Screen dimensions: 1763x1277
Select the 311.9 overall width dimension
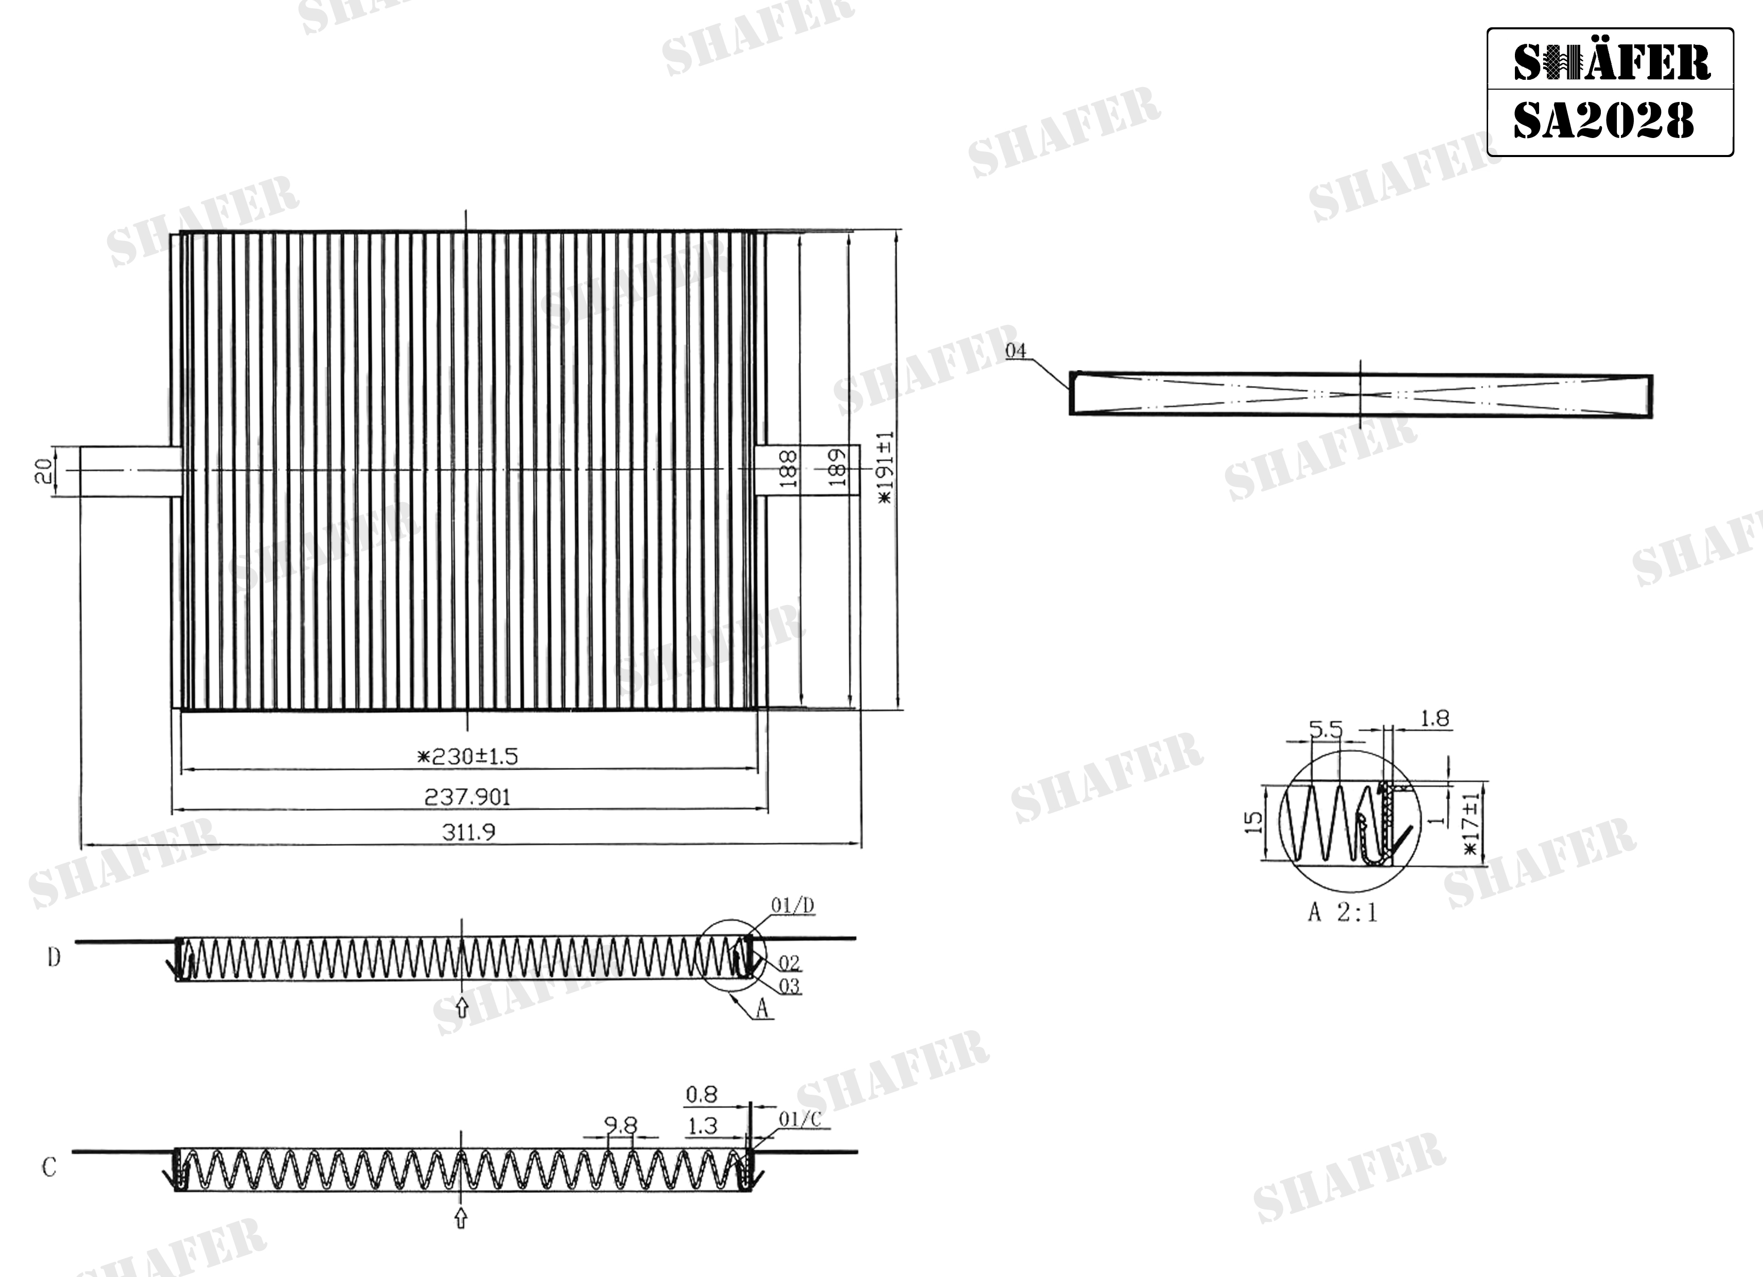(469, 832)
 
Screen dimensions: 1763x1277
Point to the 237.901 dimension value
(467, 797)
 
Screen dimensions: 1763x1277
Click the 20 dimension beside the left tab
(44, 471)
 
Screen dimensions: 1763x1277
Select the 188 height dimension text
(788, 468)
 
